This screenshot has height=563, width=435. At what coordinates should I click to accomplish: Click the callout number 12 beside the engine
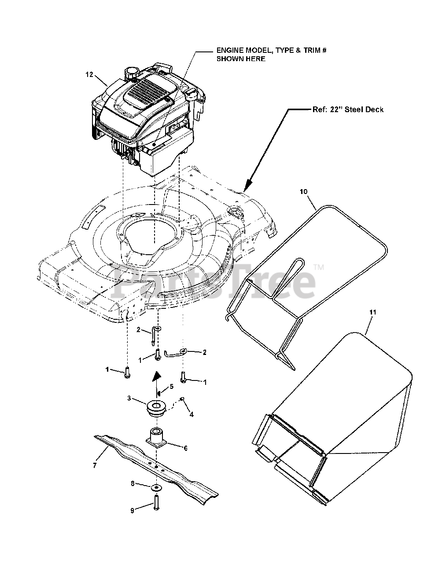[89, 75]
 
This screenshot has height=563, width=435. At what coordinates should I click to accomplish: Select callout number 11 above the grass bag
[372, 312]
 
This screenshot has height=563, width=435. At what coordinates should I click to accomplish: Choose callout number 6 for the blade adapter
[185, 448]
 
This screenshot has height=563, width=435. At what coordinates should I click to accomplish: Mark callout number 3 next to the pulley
[129, 398]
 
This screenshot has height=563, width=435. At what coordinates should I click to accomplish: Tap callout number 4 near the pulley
[191, 414]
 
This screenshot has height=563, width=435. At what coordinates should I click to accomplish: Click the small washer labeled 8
[156, 488]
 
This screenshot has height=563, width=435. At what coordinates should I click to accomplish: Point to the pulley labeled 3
[156, 406]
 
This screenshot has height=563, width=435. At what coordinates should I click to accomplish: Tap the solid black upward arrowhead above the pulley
[156, 376]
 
